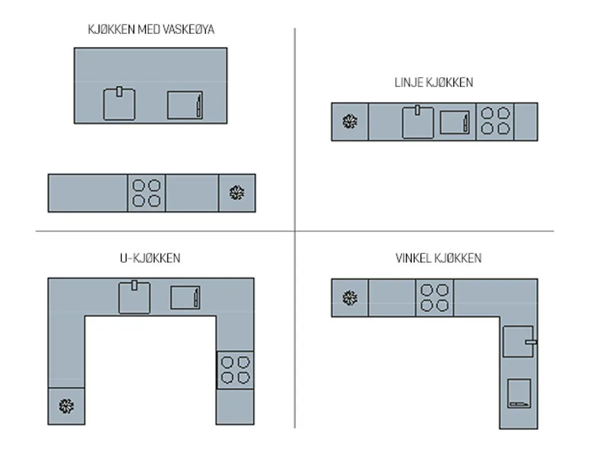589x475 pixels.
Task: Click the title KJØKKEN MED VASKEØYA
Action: click(x=151, y=29)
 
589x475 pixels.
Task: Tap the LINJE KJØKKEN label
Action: click(x=434, y=83)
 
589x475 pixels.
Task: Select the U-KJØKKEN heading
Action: click(x=150, y=258)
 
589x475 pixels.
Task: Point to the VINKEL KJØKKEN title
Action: click(x=438, y=258)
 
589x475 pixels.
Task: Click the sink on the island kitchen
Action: click(x=119, y=104)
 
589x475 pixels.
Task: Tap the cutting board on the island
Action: click(x=185, y=105)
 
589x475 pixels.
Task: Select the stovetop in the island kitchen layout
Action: click(x=147, y=193)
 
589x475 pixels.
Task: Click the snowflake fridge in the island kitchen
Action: click(x=237, y=193)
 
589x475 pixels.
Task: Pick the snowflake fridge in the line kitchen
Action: click(x=350, y=122)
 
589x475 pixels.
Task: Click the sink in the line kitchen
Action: click(x=418, y=122)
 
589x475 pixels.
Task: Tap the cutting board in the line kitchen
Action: click(x=455, y=122)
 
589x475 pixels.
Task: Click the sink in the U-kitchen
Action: click(x=135, y=297)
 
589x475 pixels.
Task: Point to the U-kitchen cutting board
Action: click(x=185, y=298)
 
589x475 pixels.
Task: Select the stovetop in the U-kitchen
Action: click(x=235, y=370)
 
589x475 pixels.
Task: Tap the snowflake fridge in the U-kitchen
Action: click(x=67, y=406)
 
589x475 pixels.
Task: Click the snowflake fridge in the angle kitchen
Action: click(x=350, y=298)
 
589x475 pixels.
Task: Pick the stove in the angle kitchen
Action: click(x=435, y=298)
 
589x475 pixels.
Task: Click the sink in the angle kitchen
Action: click(x=519, y=342)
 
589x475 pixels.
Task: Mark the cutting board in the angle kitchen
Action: click(x=519, y=393)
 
